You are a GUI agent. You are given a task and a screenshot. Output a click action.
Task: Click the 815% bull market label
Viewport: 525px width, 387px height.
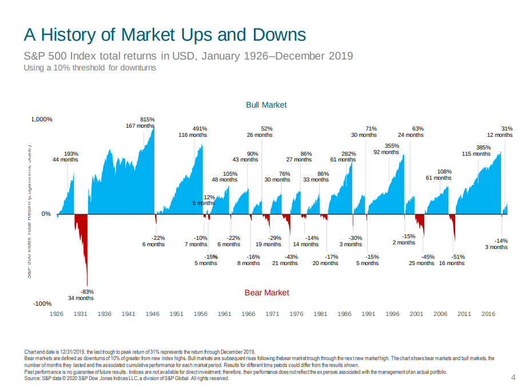pyautogui.click(x=147, y=119)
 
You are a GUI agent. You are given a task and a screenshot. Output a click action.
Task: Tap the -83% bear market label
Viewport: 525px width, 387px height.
pyautogui.click(x=87, y=291)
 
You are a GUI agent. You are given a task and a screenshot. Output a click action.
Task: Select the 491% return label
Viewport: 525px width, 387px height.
pyautogui.click(x=200, y=129)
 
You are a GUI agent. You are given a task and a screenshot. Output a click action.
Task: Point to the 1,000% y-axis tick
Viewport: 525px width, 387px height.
pyautogui.click(x=41, y=120)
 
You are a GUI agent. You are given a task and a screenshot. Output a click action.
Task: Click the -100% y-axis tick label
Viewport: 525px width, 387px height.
pyautogui.click(x=41, y=303)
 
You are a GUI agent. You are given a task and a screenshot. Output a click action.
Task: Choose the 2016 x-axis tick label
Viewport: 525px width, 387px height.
pyautogui.click(x=488, y=314)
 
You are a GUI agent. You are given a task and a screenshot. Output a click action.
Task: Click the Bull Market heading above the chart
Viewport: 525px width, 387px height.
pyautogui.click(x=266, y=105)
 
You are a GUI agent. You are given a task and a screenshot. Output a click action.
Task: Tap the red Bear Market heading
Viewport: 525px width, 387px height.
pyautogui.click(x=267, y=293)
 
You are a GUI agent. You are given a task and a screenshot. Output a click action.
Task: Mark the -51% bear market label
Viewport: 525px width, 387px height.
pyautogui.click(x=458, y=256)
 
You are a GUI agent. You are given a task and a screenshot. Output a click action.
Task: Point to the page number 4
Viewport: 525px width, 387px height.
pyautogui.click(x=512, y=377)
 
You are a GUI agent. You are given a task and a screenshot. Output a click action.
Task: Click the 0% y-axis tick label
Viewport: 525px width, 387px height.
pyautogui.click(x=46, y=214)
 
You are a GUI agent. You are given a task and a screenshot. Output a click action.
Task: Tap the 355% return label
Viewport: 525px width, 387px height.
pyautogui.click(x=392, y=146)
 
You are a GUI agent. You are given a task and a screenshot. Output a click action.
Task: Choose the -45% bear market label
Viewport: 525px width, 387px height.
pyautogui.click(x=428, y=256)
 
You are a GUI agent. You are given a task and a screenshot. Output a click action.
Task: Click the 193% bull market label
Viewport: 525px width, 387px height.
pyautogui.click(x=71, y=153)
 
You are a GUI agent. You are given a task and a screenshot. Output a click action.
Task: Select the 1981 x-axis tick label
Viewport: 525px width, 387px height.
pyautogui.click(x=321, y=314)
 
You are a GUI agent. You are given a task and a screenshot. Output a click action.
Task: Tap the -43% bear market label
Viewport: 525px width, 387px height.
pyautogui.click(x=291, y=256)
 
